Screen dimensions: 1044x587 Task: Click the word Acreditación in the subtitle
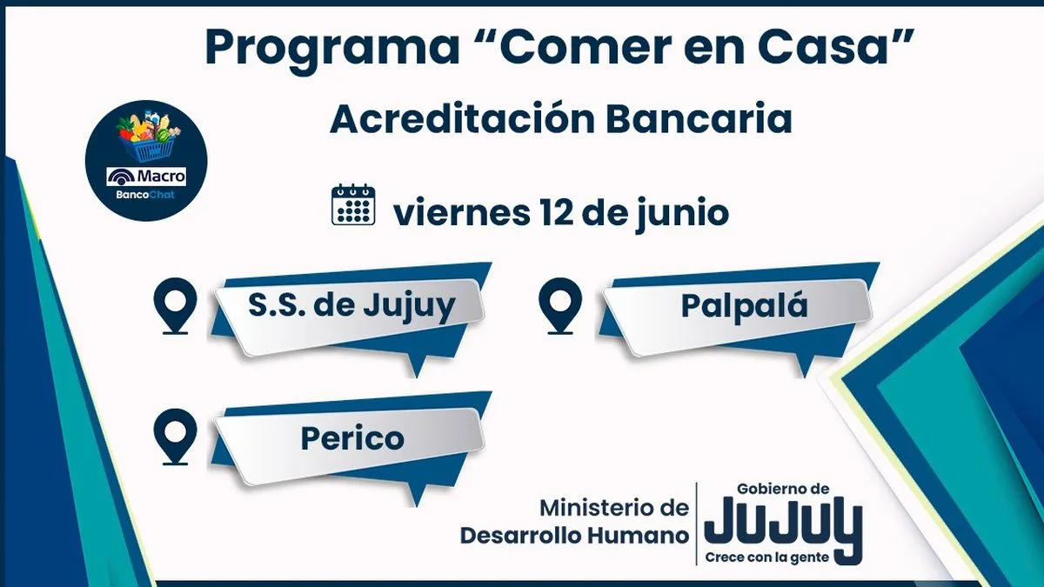pos(462,118)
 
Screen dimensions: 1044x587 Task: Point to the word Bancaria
pos(699,119)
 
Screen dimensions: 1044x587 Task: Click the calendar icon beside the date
pos(353,204)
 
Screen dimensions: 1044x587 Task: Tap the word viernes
pos(461,213)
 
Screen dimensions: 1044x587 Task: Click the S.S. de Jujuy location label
pos(351,306)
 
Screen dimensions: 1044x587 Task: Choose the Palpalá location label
pos(744,306)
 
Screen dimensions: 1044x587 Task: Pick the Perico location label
pos(352,439)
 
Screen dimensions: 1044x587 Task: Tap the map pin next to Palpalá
pos(559,305)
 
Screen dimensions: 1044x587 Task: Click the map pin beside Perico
pos(175,437)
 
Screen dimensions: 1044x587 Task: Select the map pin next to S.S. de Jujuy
pos(175,305)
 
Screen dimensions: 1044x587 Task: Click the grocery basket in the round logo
pos(147,138)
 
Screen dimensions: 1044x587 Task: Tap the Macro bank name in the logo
pos(146,177)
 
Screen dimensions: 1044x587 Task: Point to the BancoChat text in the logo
pos(145,195)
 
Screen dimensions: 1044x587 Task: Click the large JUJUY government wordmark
pos(783,525)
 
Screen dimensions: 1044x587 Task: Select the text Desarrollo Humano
pos(574,536)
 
